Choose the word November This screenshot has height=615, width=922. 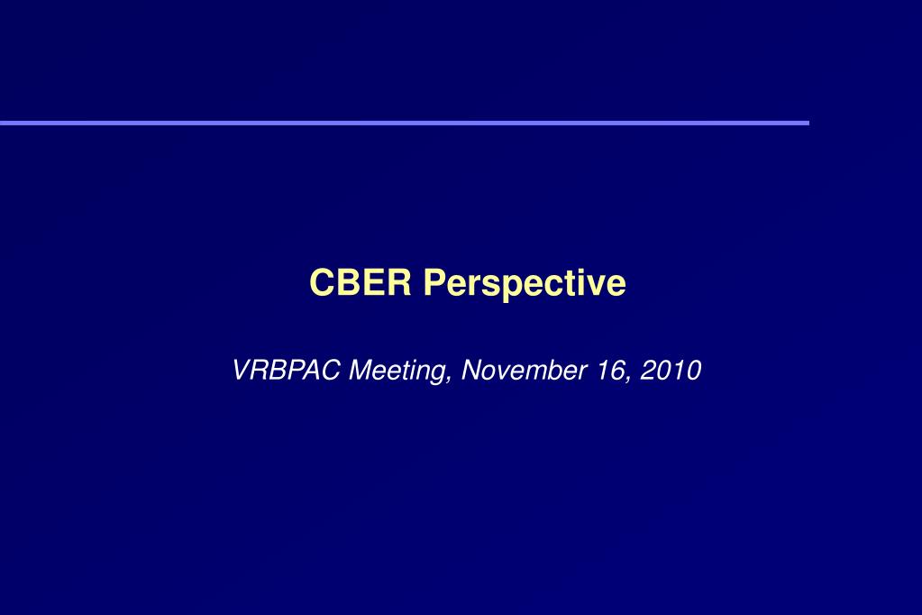523,371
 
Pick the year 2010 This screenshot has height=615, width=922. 671,371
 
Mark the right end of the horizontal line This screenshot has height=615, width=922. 807,123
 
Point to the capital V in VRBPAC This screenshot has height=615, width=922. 241,371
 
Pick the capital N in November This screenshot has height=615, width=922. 471,371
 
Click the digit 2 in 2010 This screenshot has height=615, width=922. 648,371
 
